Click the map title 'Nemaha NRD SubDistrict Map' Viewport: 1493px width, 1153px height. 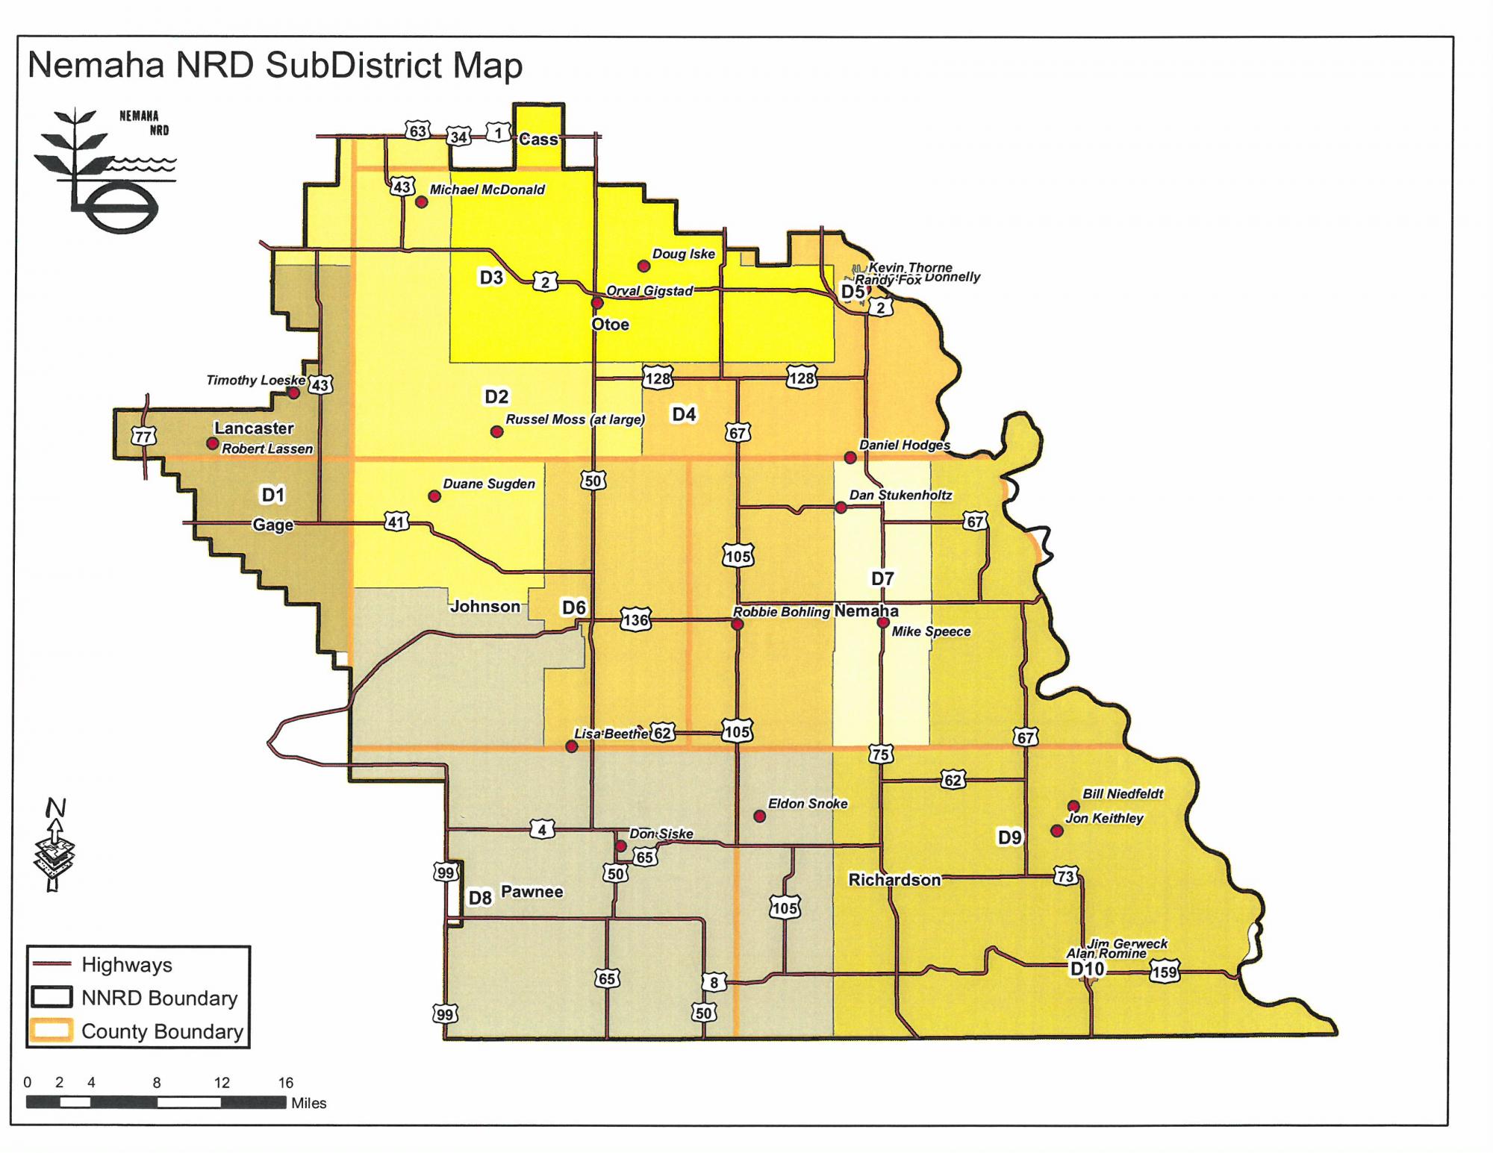click(275, 66)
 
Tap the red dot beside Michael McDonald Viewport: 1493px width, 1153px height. click(421, 202)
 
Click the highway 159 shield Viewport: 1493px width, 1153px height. click(1164, 972)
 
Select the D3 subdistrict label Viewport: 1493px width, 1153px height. click(491, 278)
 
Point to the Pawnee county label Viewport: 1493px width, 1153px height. click(532, 892)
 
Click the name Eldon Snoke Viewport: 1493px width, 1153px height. click(808, 804)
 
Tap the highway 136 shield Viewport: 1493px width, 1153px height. click(635, 620)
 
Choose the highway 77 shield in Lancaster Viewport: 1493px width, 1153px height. click(143, 436)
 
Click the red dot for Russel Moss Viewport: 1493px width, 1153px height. click(496, 432)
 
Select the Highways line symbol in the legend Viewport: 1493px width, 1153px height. click(51, 964)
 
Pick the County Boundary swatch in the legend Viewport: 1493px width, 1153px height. click(51, 1031)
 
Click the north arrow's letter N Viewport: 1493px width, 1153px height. click(55, 808)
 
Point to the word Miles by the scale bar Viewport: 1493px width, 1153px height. click(309, 1103)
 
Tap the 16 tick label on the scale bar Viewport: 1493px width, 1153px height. click(286, 1083)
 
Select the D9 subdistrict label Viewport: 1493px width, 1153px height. click(1009, 838)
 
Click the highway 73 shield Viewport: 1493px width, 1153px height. click(1065, 876)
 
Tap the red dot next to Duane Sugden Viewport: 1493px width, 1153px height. click(434, 496)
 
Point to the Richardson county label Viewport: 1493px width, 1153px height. click(894, 880)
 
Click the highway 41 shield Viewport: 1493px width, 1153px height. click(396, 522)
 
